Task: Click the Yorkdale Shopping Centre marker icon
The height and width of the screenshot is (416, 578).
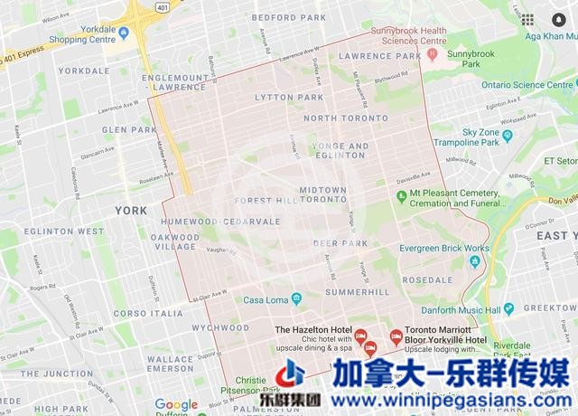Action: [125, 33]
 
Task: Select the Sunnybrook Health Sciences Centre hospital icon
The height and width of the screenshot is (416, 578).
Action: [433, 55]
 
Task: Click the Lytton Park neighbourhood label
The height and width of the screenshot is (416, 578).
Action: [289, 97]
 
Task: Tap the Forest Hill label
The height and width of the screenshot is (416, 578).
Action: [265, 201]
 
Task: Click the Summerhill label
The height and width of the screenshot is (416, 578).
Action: [358, 292]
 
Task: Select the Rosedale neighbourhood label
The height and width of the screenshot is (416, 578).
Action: [427, 280]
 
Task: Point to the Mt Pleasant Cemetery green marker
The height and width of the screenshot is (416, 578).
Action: [402, 194]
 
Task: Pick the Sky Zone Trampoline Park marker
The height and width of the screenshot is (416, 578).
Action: [507, 136]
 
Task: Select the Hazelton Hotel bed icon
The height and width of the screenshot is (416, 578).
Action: [360, 336]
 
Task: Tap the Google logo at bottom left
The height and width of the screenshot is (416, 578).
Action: [176, 404]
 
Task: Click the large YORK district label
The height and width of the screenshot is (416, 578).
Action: [132, 211]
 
